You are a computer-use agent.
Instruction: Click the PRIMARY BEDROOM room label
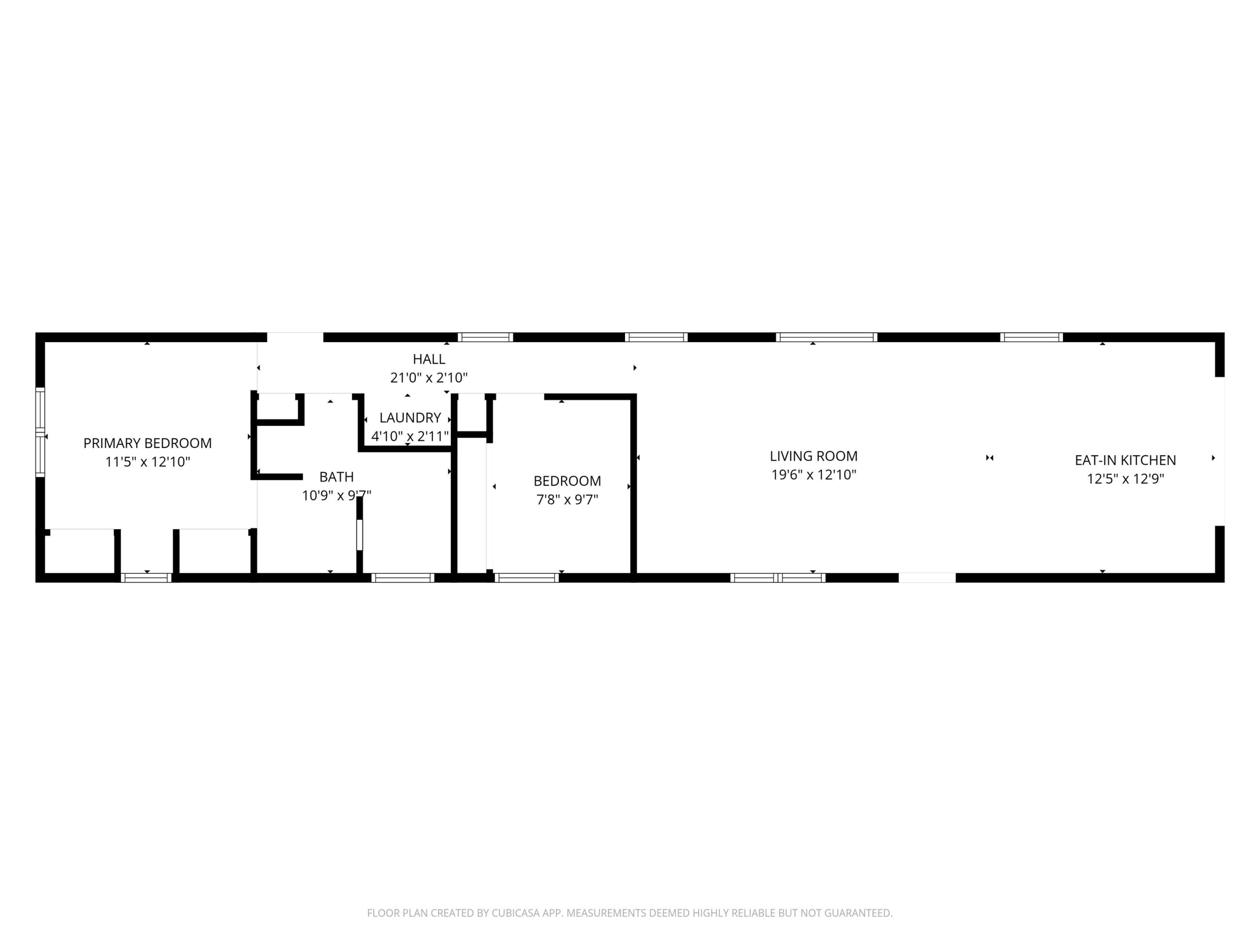148,443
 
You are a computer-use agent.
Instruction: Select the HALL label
429,359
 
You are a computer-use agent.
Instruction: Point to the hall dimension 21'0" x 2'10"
429,378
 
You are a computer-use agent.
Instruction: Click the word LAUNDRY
410,417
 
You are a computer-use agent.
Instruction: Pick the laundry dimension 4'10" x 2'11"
410,437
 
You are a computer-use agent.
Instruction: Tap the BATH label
336,477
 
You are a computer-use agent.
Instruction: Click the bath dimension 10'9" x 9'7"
336,496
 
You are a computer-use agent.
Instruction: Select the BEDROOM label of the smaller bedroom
567,481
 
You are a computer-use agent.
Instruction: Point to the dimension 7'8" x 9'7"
567,500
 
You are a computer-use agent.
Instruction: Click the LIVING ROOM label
814,456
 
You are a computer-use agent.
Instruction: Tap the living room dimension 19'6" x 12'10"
814,475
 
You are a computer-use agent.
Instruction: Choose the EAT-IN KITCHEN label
1125,460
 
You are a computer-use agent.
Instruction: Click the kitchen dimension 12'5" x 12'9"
1125,479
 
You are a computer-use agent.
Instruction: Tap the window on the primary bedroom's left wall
40,432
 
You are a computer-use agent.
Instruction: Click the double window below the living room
778,578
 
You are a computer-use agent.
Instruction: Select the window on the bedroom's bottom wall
527,578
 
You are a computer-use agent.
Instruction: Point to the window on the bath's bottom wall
403,578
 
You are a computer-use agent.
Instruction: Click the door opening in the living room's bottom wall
927,578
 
